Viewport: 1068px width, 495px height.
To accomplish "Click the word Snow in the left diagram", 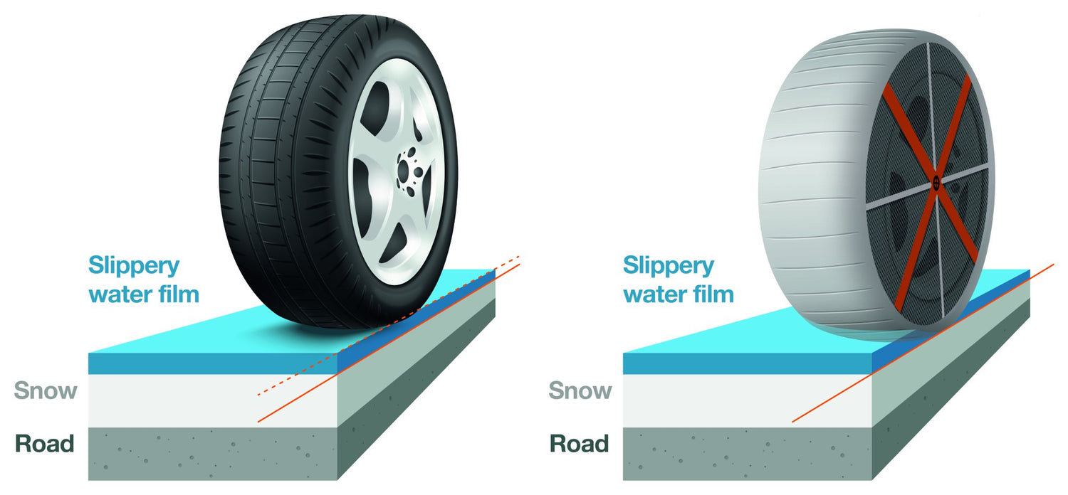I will [x=46, y=390].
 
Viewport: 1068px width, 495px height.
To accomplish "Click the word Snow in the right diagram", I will [x=580, y=390].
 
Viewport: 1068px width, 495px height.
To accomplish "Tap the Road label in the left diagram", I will [x=45, y=445].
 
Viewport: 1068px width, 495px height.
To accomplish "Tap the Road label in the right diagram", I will [x=580, y=445].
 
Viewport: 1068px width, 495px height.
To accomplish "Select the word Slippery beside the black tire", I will [x=134, y=267].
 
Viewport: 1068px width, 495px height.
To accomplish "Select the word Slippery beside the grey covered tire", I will [x=669, y=267].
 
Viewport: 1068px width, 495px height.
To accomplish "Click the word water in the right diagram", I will [x=651, y=293].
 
